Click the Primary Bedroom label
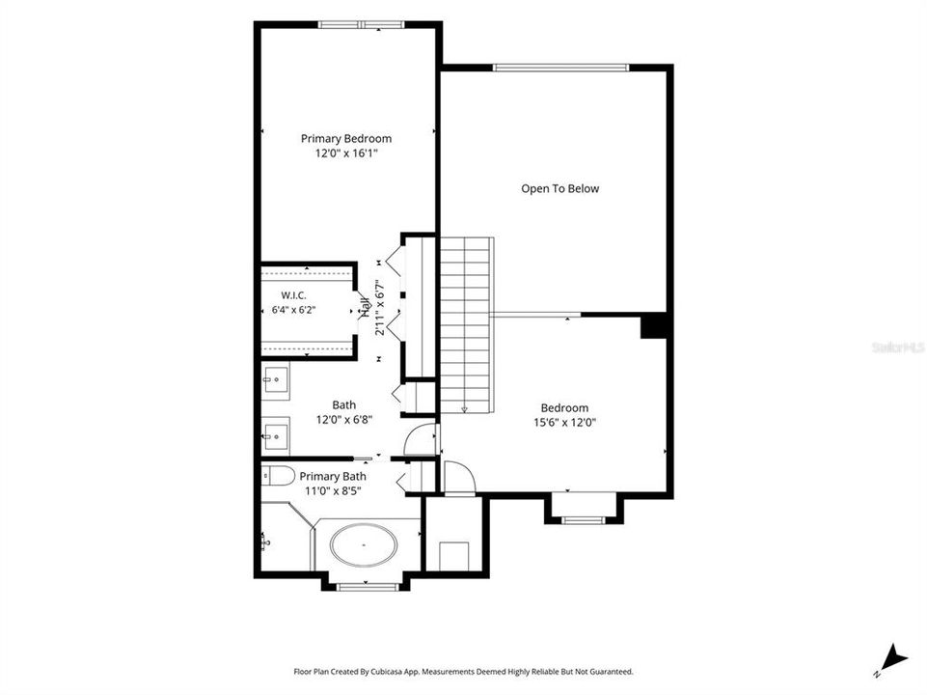(x=346, y=139)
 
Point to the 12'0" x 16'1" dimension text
(x=346, y=153)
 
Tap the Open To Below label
(x=559, y=188)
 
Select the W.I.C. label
(x=294, y=295)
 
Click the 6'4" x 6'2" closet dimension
(x=294, y=309)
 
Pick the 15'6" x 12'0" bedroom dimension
(x=564, y=423)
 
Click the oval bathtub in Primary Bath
(x=364, y=544)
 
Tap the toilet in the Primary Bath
(x=278, y=476)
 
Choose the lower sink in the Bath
(x=276, y=436)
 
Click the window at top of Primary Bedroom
(x=361, y=25)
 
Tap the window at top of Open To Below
(x=560, y=68)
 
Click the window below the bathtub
(x=366, y=587)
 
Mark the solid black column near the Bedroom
(x=653, y=326)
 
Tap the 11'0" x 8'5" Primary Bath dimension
(x=333, y=491)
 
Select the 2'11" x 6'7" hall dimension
(x=380, y=308)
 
